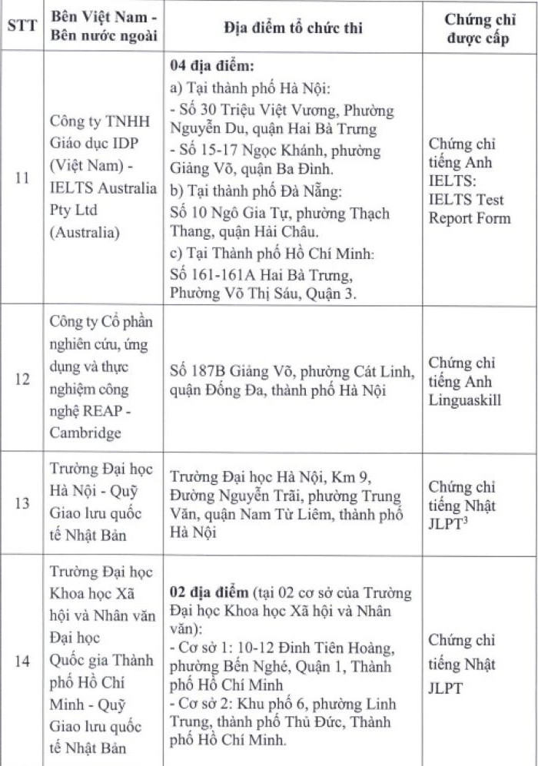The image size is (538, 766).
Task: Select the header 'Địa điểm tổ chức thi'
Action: pos(293,28)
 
